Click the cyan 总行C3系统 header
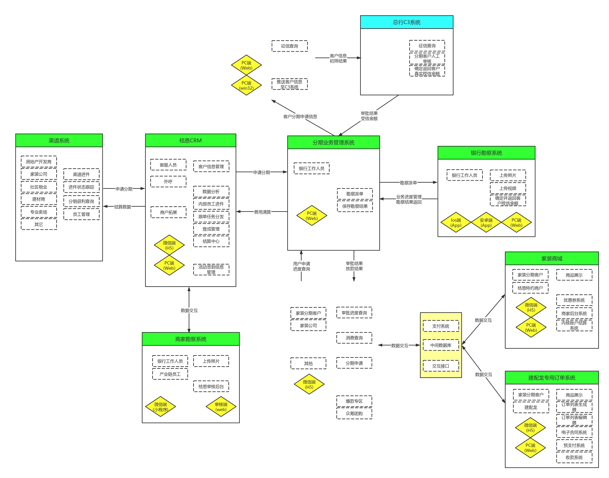pos(407,22)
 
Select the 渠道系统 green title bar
pos(59,140)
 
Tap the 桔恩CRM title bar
pos(190,140)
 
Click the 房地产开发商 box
pos(39,161)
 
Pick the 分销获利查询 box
pos(81,201)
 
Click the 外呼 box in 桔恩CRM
pos(168,182)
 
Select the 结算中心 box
pos(211,241)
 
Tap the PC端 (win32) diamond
pos(246,85)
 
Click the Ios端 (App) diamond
pos(456,223)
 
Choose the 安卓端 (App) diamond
pos(486,223)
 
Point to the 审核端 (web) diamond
pos(221,407)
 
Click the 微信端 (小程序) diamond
pos(160,407)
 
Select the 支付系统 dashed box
pos(441,326)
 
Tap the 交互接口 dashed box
pos(441,366)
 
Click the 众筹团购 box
pos(354,414)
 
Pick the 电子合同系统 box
pos(574,433)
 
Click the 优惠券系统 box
pos(574,300)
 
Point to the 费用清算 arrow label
pos(262,212)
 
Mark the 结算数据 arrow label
pos(123,207)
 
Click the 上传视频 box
pos(508,188)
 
